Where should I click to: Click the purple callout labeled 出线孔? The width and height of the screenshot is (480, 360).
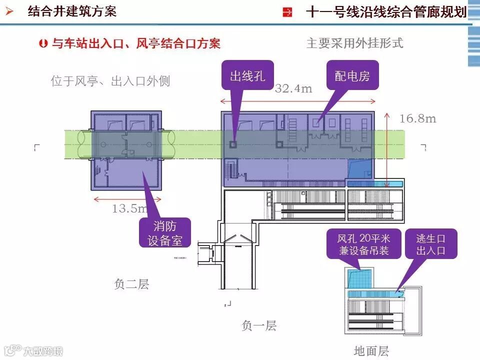(x=247, y=76)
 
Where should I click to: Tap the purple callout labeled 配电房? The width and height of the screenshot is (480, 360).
(x=352, y=76)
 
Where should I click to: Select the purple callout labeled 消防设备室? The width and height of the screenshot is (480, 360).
(x=164, y=233)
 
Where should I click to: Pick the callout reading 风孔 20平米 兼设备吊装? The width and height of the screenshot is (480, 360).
(x=363, y=243)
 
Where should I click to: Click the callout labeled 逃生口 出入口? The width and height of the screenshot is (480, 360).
(x=430, y=243)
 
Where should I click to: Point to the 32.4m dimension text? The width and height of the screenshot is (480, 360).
(x=293, y=89)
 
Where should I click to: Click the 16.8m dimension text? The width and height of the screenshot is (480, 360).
(x=418, y=118)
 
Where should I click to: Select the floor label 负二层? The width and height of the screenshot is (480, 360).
(x=131, y=284)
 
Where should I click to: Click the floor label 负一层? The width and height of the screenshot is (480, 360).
(x=258, y=326)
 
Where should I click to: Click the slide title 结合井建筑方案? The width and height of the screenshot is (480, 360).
(x=72, y=11)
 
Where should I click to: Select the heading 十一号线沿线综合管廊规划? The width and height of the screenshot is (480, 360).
(x=385, y=12)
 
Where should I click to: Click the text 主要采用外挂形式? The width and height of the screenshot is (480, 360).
(x=354, y=43)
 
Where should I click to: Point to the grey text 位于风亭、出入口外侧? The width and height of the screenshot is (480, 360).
(x=110, y=81)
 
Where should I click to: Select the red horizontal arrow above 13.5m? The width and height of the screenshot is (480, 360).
(x=128, y=198)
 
